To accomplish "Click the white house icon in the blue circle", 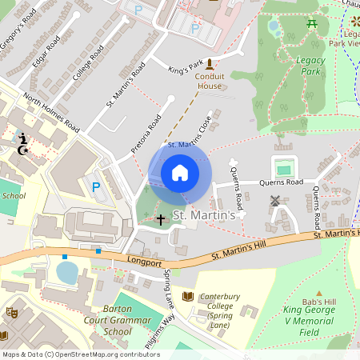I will tap(180, 172).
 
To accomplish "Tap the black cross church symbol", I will tap(160, 218).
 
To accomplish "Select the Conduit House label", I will tap(210, 81).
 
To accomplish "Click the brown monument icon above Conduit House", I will tap(210, 64).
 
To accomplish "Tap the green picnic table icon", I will tap(312, 24).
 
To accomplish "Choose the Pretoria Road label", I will tap(145, 135).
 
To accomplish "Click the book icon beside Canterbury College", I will tap(188, 297).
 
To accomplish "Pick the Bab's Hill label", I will tap(329, 301).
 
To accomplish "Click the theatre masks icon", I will tap(11, 312).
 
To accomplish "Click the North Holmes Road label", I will tap(51, 113).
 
